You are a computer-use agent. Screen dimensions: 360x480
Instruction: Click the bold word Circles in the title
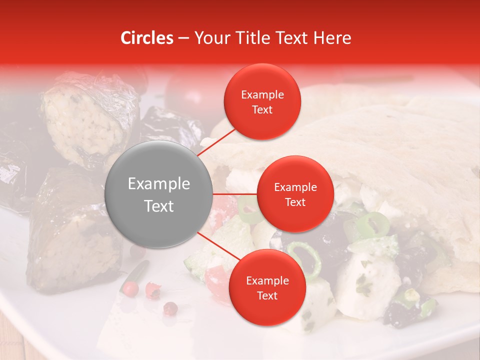[147, 38]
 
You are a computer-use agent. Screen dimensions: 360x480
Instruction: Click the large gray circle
[159, 194]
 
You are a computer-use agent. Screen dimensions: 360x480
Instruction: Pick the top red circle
[262, 101]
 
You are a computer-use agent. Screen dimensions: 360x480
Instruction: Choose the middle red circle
[295, 194]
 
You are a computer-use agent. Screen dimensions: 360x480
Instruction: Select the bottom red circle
[267, 287]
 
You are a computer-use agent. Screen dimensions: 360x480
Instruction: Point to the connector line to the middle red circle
[235, 194]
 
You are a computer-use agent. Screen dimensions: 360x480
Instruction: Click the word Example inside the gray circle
[159, 184]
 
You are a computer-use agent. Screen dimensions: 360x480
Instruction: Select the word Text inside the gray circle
[159, 205]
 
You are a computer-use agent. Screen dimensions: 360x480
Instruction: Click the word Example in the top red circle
[262, 94]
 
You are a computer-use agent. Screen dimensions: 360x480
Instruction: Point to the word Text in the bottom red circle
[267, 295]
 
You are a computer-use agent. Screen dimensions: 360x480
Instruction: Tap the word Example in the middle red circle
[295, 187]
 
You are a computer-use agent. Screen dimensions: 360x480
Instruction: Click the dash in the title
[183, 38]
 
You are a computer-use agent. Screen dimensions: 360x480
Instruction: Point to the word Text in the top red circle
[262, 109]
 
